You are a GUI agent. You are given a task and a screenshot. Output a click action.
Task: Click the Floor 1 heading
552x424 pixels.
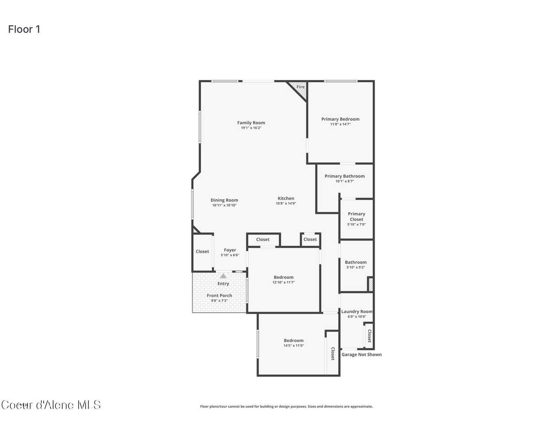(24, 29)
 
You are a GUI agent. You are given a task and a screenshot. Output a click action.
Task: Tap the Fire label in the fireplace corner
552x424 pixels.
(300, 87)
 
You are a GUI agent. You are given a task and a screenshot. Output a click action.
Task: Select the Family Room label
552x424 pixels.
(251, 123)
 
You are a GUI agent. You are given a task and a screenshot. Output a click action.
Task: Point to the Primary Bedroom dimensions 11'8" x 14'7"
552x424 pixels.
(340, 124)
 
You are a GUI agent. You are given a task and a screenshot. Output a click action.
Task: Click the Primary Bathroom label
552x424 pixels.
(345, 176)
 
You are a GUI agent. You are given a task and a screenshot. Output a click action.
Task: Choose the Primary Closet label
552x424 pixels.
(356, 216)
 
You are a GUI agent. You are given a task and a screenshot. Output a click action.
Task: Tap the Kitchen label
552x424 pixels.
(286, 198)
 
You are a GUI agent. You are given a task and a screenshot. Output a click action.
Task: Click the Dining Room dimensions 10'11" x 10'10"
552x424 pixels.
(224, 205)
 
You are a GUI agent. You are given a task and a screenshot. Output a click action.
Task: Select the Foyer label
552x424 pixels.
(230, 250)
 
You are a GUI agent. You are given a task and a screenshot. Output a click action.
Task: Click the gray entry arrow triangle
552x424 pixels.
(223, 276)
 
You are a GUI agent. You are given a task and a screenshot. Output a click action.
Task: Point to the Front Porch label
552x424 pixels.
(219, 295)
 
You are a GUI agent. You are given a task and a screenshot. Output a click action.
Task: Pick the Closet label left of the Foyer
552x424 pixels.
(202, 252)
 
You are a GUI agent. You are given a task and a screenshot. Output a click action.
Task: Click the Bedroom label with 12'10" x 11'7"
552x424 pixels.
(284, 277)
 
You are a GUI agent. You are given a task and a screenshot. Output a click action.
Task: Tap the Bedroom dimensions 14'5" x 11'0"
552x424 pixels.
(294, 346)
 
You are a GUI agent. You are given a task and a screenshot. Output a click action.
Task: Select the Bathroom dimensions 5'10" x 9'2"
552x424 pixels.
(356, 267)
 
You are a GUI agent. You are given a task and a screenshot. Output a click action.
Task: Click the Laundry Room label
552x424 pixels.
(357, 311)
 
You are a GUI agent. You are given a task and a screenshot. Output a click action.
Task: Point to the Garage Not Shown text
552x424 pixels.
(361, 355)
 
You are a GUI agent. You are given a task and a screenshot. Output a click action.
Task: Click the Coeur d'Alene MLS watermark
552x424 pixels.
(51, 405)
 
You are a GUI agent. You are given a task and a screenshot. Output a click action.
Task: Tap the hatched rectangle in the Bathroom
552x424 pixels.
(371, 284)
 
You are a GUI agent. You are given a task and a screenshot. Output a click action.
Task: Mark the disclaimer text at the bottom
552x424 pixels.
(286, 406)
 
